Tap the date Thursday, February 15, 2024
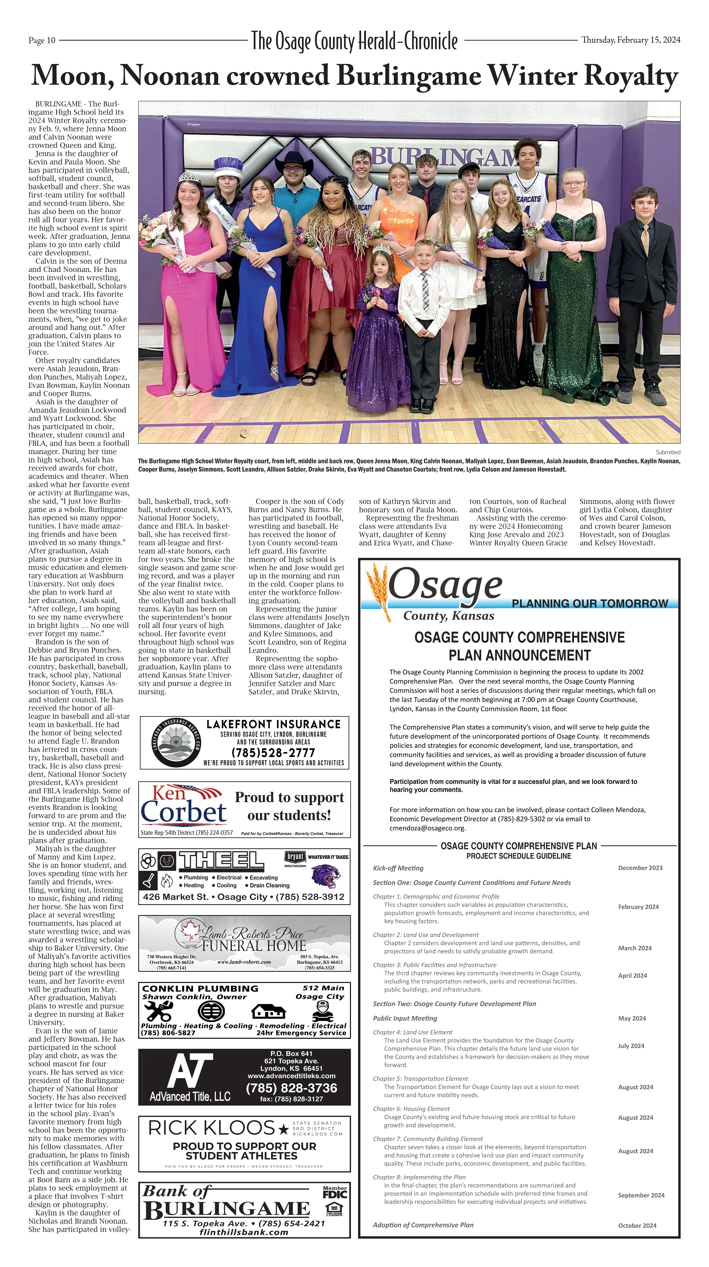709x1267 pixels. click(x=631, y=40)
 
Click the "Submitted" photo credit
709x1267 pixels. click(x=668, y=452)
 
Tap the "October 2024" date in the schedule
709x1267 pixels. click(x=637, y=1225)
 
